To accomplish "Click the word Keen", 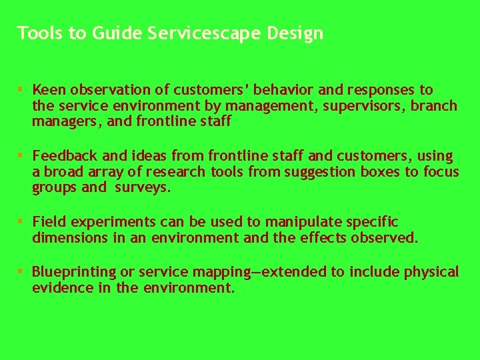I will click(46, 90).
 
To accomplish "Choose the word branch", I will click(437, 106).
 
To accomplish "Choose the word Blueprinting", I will click(74, 272).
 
